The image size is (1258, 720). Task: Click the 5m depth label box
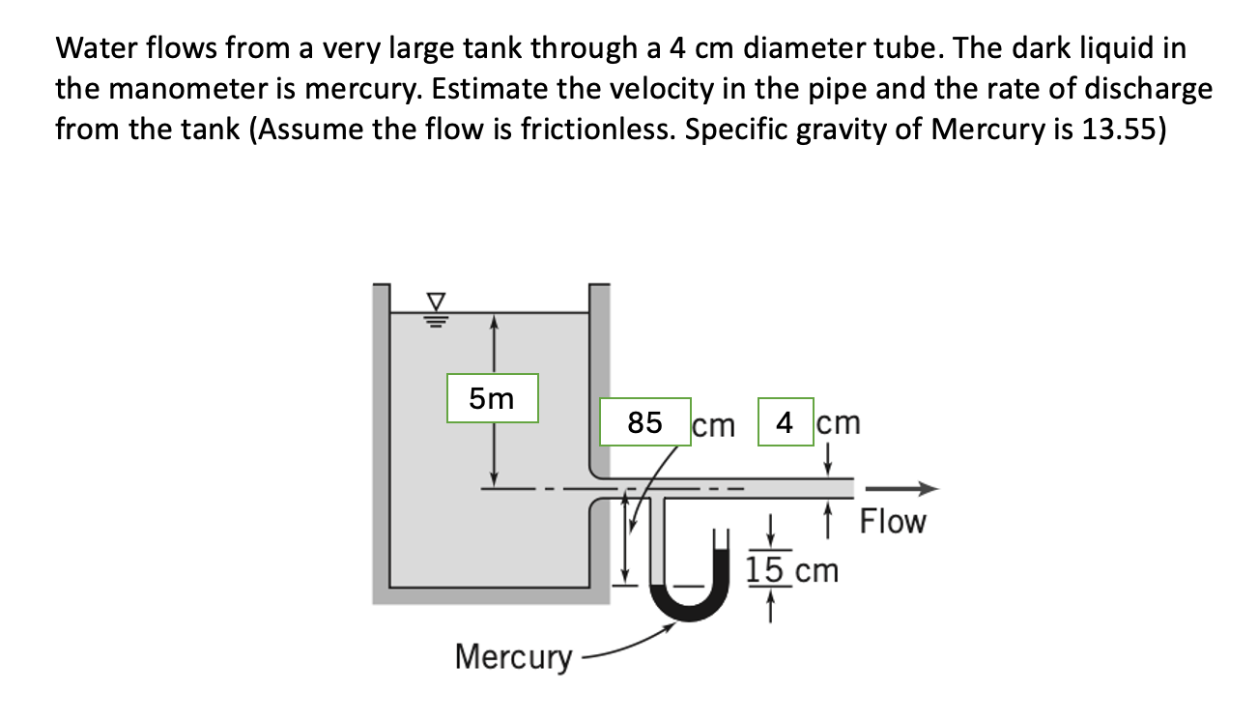(493, 398)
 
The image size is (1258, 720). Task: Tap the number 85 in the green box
(644, 422)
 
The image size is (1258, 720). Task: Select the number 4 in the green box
(786, 422)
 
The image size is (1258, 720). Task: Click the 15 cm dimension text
(791, 570)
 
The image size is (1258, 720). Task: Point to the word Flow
(892, 522)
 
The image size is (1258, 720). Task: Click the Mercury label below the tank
(513, 657)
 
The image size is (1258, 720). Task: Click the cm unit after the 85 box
(714, 424)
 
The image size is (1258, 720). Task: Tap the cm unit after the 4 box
(838, 422)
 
